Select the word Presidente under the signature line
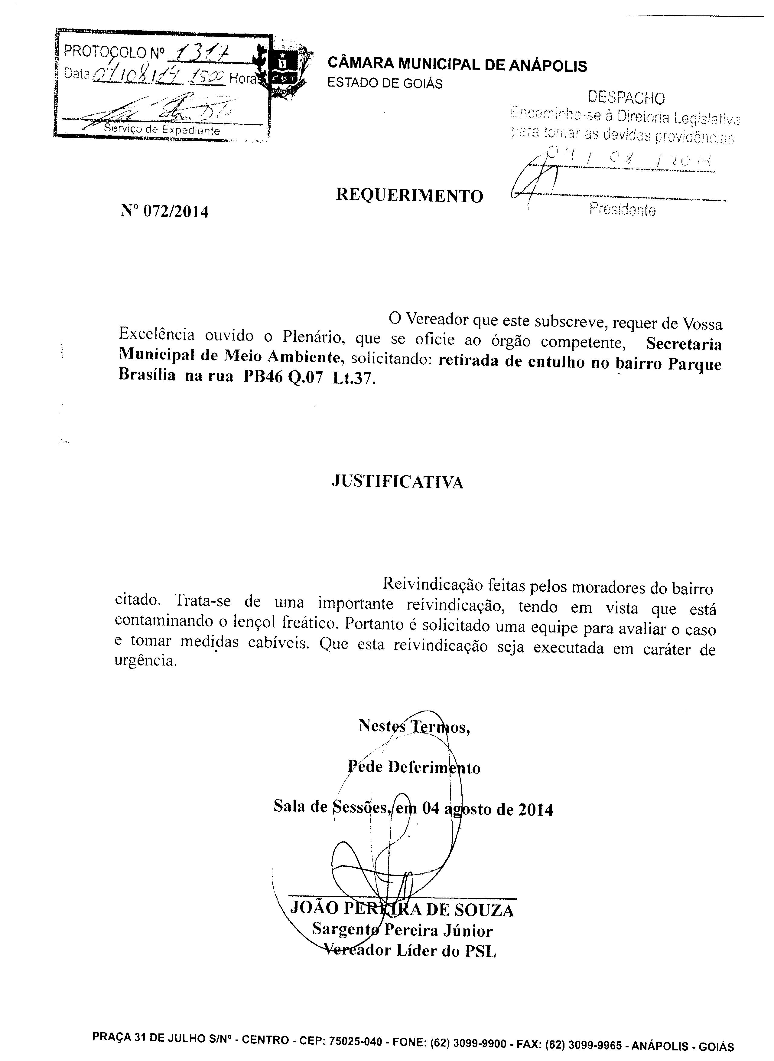(622, 210)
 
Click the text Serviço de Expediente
(162, 130)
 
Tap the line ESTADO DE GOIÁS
(385, 84)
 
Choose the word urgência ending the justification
(146, 661)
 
